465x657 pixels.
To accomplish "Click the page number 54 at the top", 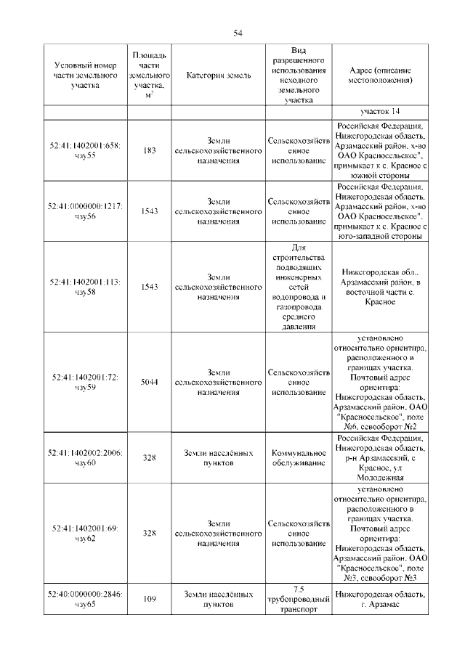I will (238, 33).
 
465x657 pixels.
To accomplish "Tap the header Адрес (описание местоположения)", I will (380, 76).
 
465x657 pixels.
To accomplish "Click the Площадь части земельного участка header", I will (150, 76).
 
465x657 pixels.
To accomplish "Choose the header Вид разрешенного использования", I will (298, 76).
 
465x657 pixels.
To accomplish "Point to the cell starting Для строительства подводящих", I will (298, 287).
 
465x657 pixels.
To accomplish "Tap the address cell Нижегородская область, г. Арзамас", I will (380, 599).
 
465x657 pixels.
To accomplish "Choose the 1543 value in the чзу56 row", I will (150, 211).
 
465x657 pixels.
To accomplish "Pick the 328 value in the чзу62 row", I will (150, 533).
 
